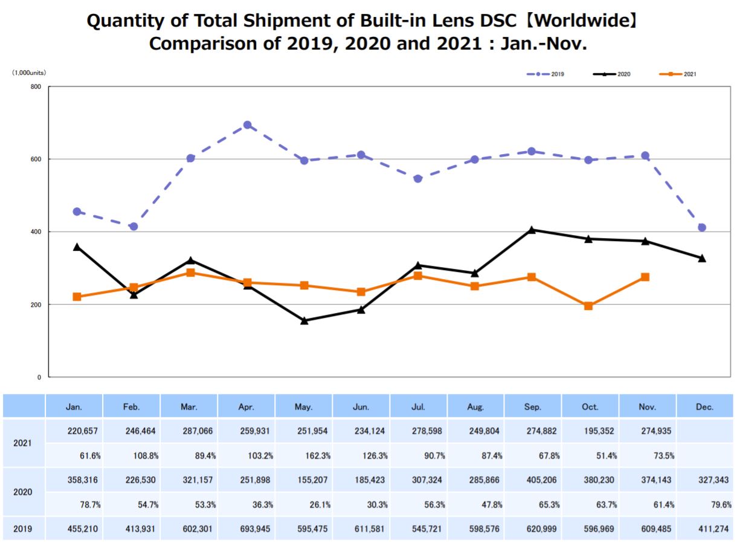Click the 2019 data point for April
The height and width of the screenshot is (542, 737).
(247, 125)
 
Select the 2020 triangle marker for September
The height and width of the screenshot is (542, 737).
(532, 230)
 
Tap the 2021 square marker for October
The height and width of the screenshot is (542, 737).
(588, 306)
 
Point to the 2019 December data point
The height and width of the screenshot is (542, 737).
(702, 227)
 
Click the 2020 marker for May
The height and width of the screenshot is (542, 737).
(304, 321)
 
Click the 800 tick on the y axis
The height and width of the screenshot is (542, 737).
(36, 87)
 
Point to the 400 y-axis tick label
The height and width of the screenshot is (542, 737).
(36, 232)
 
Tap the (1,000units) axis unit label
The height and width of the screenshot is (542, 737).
(29, 73)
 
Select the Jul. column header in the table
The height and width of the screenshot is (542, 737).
(418, 407)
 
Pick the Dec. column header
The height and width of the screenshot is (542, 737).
(704, 407)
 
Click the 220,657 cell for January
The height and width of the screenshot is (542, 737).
(79, 431)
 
